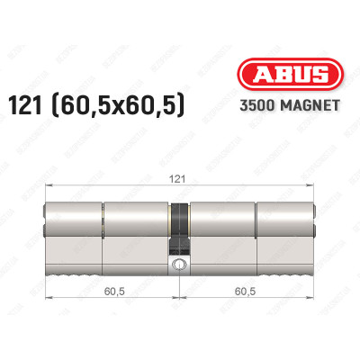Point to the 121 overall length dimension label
coord(180,180)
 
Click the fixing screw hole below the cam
coord(180,265)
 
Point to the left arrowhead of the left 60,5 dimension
coord(47,302)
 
